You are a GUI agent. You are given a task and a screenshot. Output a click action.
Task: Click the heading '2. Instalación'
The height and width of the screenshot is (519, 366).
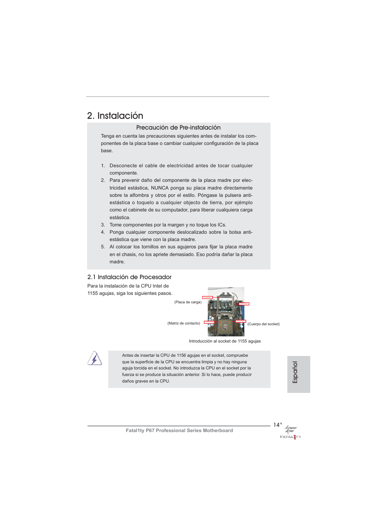point(115,116)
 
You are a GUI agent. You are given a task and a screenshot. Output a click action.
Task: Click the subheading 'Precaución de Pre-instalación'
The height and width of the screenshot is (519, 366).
point(178,128)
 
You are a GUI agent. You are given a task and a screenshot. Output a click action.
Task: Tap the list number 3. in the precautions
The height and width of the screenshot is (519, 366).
point(103,225)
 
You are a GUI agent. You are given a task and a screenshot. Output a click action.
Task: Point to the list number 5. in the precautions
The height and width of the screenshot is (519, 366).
point(103,247)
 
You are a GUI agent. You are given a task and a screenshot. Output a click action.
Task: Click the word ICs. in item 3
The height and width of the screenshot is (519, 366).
point(222,225)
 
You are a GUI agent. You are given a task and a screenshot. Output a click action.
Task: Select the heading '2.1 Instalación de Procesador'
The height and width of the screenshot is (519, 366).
point(129,277)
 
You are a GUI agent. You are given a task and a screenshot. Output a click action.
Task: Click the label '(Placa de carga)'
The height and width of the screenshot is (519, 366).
point(188,302)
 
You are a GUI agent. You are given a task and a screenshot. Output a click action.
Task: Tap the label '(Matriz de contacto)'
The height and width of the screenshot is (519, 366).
point(183,323)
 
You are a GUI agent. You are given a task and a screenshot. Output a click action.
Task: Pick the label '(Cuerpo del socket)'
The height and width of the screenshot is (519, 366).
point(263,324)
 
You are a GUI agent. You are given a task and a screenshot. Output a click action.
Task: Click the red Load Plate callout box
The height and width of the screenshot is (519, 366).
point(207,298)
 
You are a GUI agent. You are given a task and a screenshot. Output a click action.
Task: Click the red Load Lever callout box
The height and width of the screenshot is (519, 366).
point(244,304)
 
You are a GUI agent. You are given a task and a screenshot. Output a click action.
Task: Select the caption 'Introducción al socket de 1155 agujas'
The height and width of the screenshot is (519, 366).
point(224,341)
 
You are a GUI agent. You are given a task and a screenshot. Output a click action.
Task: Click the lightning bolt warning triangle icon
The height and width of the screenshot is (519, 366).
point(94,359)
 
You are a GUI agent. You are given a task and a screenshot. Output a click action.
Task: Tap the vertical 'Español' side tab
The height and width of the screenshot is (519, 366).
point(295,372)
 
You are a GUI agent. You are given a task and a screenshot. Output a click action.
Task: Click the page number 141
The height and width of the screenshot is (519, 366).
point(277,425)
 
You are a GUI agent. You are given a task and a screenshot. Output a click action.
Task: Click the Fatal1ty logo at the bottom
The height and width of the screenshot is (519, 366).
point(290,432)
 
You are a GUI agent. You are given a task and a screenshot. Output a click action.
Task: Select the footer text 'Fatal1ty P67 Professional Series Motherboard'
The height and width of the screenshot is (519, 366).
point(179,431)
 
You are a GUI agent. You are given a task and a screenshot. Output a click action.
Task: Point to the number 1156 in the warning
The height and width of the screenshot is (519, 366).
point(181,356)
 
